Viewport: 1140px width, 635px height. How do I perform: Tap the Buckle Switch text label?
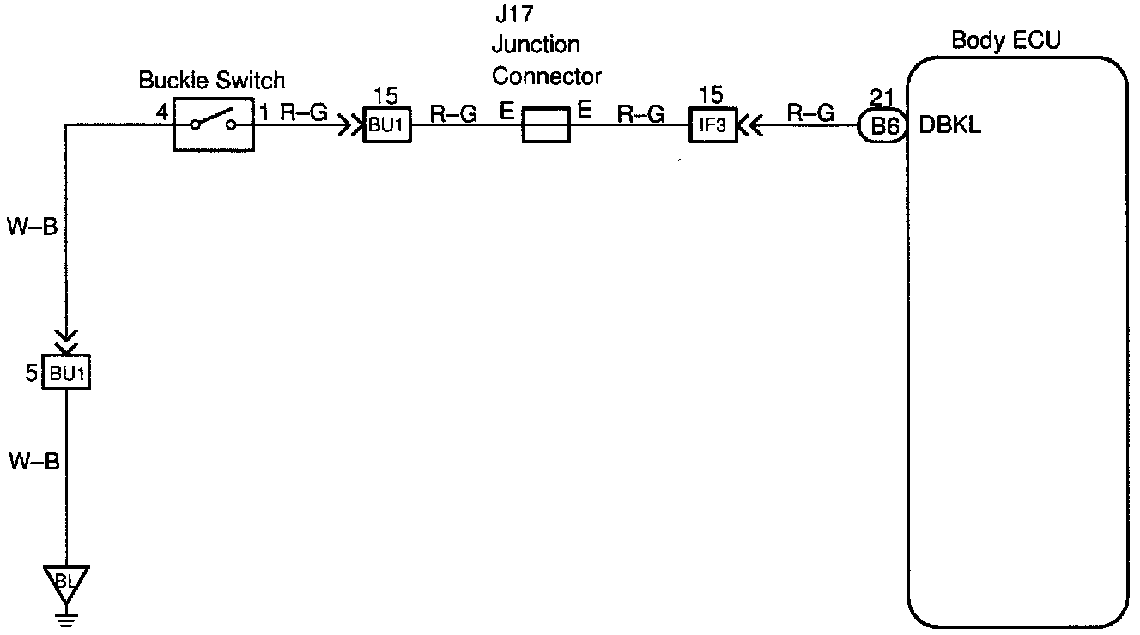211,82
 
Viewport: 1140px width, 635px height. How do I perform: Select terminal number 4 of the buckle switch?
161,112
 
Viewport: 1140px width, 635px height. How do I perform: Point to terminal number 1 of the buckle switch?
264,112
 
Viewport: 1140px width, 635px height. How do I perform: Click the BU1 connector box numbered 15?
387,125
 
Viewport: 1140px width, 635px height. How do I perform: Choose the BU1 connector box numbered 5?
67,374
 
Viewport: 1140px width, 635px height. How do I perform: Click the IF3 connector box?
712,125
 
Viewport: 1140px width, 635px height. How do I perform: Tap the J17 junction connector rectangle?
546,125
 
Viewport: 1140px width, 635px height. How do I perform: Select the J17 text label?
512,14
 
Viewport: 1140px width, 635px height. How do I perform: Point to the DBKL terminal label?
950,126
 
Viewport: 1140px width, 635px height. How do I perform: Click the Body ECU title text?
1006,40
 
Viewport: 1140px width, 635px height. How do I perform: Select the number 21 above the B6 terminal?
882,96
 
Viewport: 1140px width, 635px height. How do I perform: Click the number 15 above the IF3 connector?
712,94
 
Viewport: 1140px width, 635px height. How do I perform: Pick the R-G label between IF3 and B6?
810,112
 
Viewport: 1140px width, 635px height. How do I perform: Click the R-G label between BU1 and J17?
453,112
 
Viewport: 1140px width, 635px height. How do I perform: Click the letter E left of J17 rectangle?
506,110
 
